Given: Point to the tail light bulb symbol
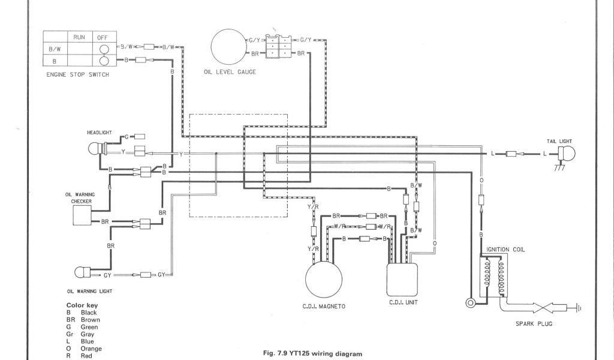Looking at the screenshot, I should [x=566, y=154].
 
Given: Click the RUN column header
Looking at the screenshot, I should [x=80, y=37].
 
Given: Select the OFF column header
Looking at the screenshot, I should [x=103, y=37].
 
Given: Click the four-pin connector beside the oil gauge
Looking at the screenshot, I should [x=279, y=46].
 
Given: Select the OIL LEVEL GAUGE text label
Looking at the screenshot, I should [x=230, y=73].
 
